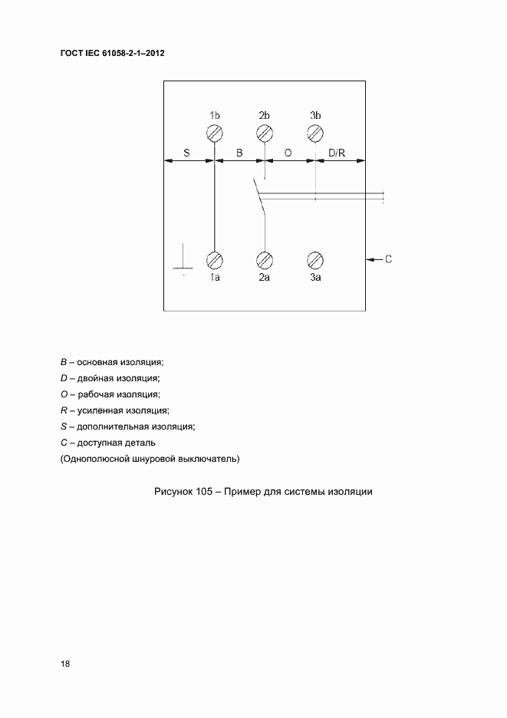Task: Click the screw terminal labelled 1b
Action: (x=215, y=133)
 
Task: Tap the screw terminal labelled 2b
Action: (x=265, y=133)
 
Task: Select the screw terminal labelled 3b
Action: (x=314, y=133)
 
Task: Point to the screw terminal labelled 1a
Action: (x=215, y=259)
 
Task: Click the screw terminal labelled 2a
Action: (x=265, y=259)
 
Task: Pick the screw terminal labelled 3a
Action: (x=314, y=259)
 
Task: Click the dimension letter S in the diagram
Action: (x=186, y=153)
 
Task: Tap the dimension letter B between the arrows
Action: (x=239, y=153)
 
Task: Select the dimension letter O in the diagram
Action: (x=288, y=153)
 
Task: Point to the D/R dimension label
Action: (x=337, y=153)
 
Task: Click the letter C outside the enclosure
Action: (x=388, y=259)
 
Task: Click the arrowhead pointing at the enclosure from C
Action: (x=371, y=259)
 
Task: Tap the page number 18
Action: (x=65, y=664)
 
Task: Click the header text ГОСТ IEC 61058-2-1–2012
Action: (x=112, y=54)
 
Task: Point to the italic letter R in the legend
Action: (x=63, y=410)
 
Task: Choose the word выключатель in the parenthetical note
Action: (x=210, y=459)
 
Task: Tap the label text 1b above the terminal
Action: (x=215, y=115)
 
